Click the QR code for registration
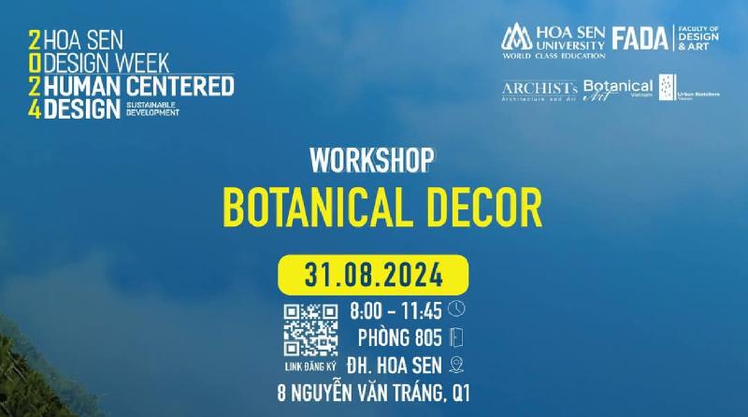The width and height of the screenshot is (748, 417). (x=310, y=330)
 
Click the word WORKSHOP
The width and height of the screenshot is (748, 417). (x=373, y=160)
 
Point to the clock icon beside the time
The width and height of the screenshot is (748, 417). (x=456, y=308)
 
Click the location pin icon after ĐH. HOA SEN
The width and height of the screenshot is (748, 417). (x=456, y=365)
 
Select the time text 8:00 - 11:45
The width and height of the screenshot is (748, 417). (x=396, y=309)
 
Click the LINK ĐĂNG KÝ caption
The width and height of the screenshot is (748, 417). (x=310, y=367)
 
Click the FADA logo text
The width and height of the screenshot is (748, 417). (x=640, y=38)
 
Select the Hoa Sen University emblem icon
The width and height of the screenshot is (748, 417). (x=516, y=38)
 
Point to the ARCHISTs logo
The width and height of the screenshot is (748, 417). (x=539, y=91)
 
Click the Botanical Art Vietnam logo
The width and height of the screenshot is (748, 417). (x=618, y=89)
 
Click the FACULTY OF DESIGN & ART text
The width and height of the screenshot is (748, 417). (x=698, y=38)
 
